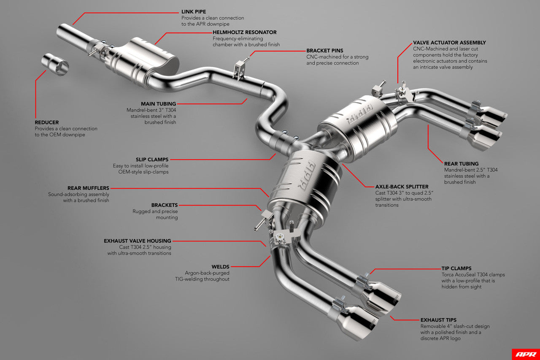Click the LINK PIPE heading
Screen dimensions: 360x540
tap(194, 12)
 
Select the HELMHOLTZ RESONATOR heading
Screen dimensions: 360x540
tap(245, 32)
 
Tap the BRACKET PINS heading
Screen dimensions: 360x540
tap(324, 51)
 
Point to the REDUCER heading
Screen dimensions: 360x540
tap(47, 122)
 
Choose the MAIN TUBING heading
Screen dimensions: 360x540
tap(158, 103)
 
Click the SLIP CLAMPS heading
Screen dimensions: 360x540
tap(152, 160)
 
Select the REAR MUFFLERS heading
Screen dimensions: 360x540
tap(88, 188)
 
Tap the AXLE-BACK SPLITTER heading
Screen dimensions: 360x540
tap(402, 186)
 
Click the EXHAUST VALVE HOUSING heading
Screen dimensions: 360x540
tap(138, 241)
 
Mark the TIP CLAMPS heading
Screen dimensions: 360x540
tap(456, 268)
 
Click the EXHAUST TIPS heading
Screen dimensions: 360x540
tap(438, 320)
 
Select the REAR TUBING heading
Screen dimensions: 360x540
tap(461, 163)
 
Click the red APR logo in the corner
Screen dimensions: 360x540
tap(525, 354)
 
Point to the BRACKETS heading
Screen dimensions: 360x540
tap(165, 205)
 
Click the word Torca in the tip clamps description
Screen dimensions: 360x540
tap(449, 275)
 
